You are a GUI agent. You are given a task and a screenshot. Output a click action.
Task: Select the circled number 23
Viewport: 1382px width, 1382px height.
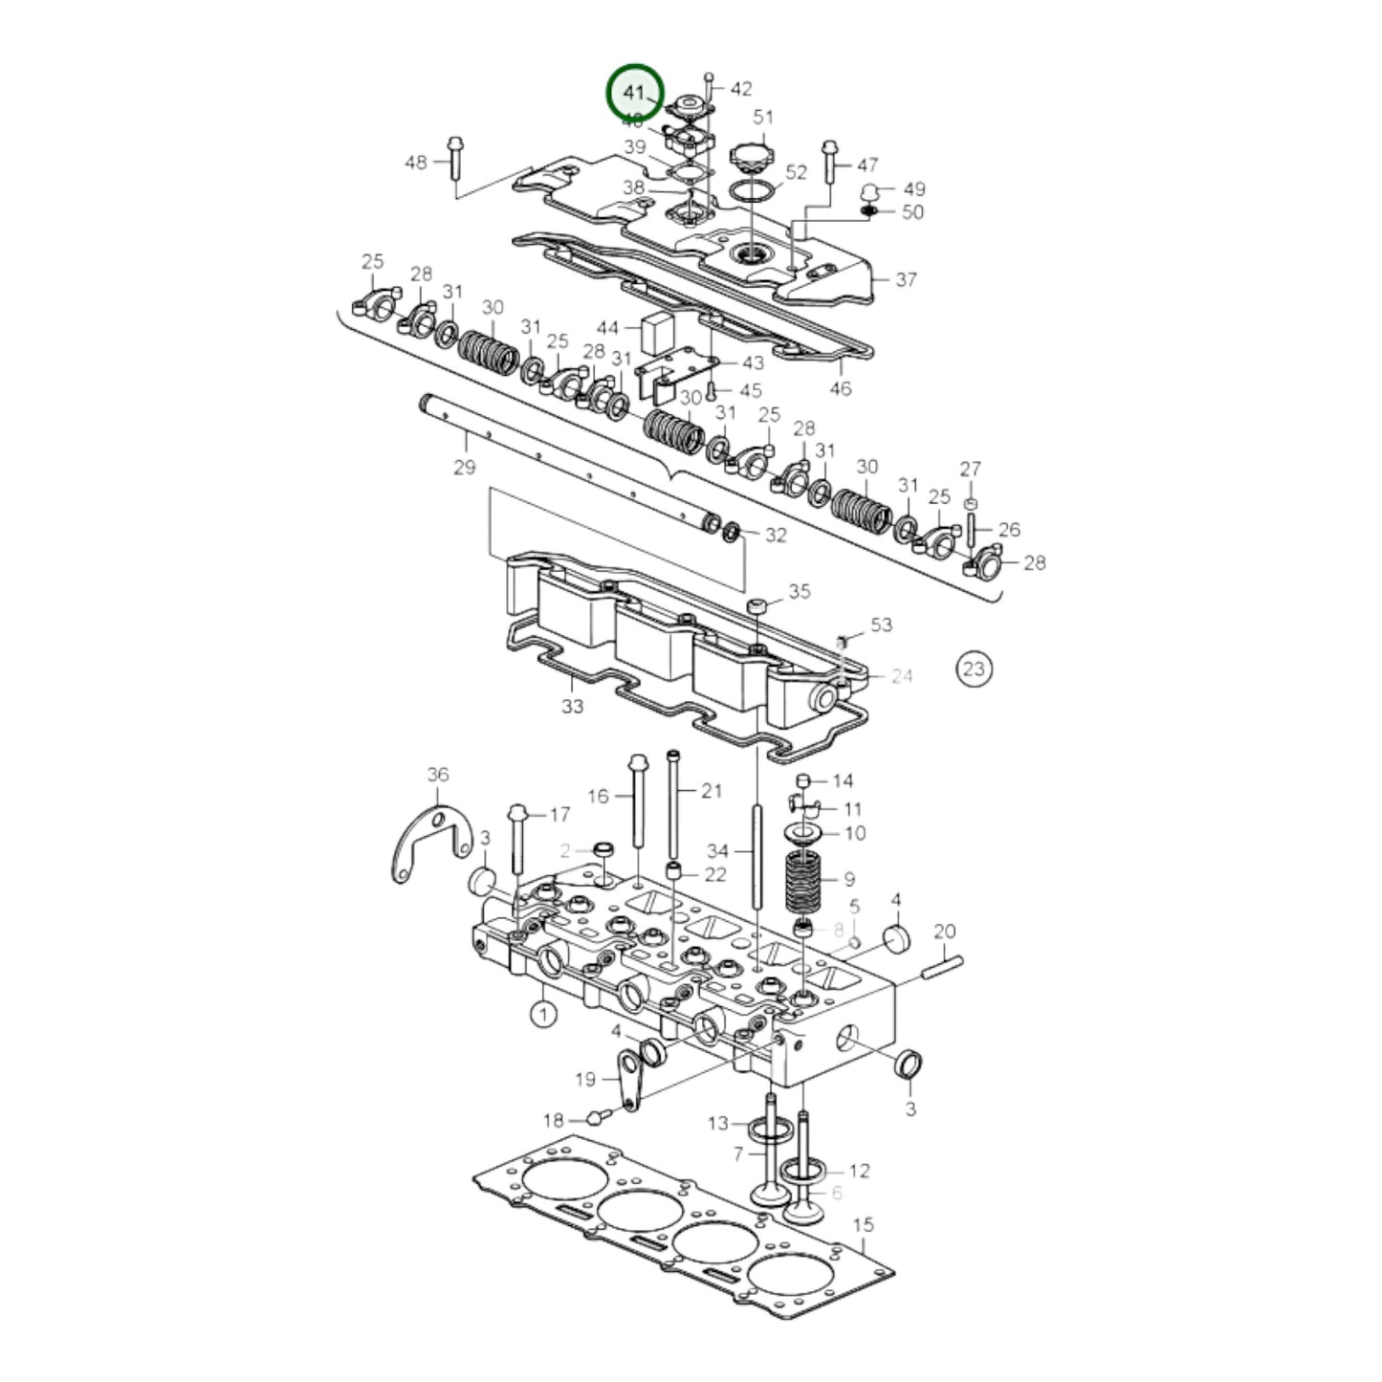(x=973, y=668)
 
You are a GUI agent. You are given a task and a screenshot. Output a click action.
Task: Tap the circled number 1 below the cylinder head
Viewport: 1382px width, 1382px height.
(x=543, y=1013)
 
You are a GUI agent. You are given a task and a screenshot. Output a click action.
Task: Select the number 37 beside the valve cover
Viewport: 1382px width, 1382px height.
(x=906, y=279)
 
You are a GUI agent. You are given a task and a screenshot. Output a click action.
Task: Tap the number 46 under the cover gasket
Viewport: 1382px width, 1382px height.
(x=840, y=388)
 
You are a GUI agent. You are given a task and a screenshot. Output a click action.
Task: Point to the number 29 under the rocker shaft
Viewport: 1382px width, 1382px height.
(x=464, y=468)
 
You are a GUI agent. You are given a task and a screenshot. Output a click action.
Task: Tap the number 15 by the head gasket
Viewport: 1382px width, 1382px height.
(x=863, y=1225)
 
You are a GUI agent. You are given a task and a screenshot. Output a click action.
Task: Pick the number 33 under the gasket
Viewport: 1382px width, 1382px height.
(x=572, y=707)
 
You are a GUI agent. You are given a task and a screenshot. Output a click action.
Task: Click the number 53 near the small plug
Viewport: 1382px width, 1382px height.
(x=881, y=625)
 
